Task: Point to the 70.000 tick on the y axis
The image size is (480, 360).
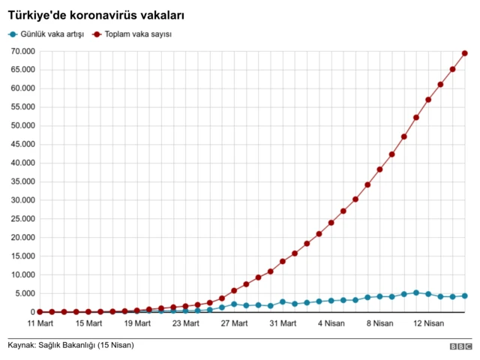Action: tap(22, 52)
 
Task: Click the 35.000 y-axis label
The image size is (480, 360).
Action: tap(22, 181)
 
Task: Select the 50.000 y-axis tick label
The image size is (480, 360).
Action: tap(22, 126)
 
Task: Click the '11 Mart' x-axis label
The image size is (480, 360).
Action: tap(40, 323)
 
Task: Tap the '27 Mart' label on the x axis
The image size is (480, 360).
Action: tap(234, 323)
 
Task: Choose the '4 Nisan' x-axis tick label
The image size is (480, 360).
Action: tap(331, 323)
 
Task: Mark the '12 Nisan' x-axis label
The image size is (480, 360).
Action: tap(428, 323)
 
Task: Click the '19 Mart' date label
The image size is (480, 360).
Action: tap(137, 323)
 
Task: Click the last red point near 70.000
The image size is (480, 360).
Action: tap(465, 53)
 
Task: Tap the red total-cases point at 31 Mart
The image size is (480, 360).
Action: tap(283, 262)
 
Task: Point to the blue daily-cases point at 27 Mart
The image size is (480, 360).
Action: tap(234, 304)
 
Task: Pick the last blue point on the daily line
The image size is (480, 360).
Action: tap(465, 296)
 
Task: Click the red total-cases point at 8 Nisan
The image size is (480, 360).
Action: tap(379, 169)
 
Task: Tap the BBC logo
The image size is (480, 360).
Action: tap(460, 346)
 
